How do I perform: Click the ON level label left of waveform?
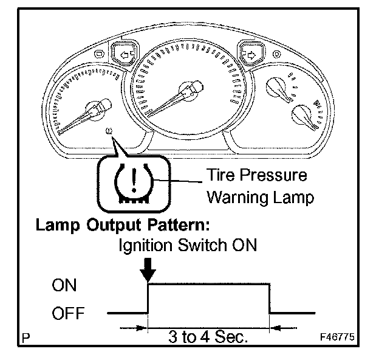coord(64,286)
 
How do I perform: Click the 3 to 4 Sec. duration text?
coord(208,336)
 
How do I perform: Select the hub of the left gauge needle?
coord(100,108)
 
